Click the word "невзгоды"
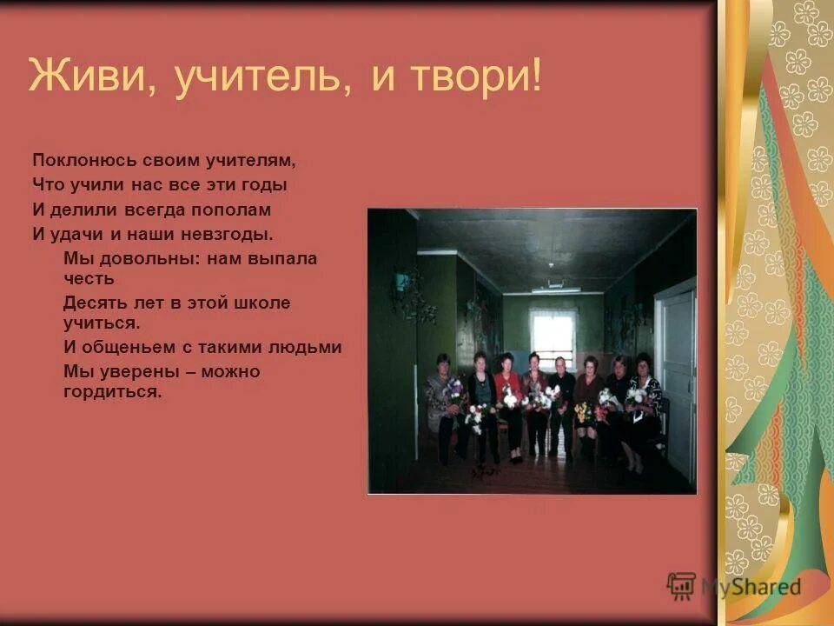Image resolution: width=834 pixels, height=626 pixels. click(232, 234)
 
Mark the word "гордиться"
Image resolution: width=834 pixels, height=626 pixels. click(112, 391)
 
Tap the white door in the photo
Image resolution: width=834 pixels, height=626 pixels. click(677, 383)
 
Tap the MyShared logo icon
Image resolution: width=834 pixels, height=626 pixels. click(681, 584)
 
